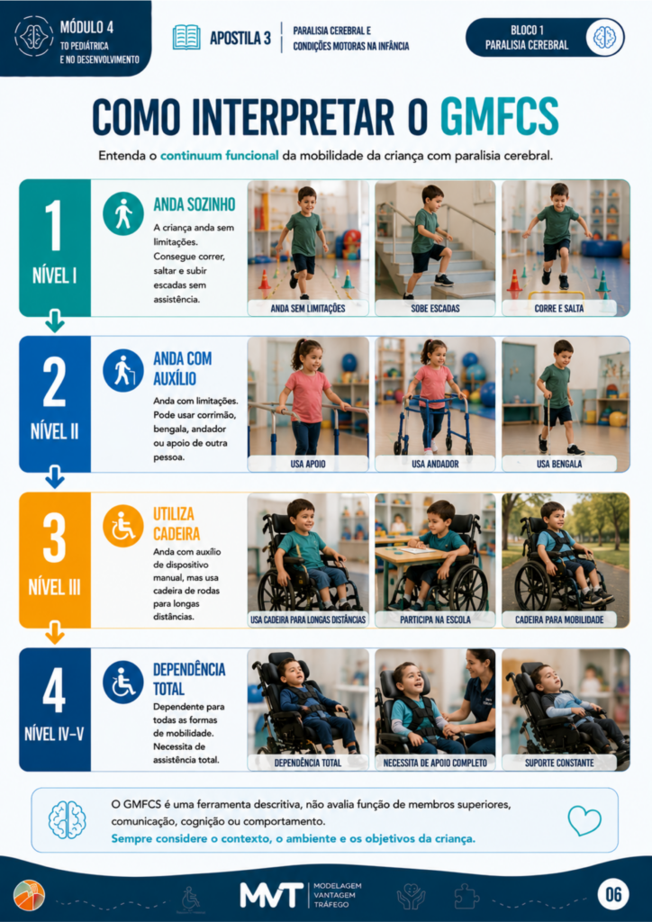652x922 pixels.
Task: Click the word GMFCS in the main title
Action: pos(499,117)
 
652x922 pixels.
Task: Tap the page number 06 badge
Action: pos(614,894)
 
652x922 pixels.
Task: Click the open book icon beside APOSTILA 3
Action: pos(186,38)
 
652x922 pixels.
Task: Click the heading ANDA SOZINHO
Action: pos(195,204)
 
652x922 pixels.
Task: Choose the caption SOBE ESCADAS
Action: pos(435,308)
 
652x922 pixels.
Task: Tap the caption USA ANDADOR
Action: pos(435,464)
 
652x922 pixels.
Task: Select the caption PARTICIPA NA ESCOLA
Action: pos(435,619)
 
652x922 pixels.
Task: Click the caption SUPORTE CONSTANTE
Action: pos(559,764)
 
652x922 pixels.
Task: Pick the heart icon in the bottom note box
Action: pos(584,820)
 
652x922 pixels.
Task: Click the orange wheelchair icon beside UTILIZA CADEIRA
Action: pos(122,526)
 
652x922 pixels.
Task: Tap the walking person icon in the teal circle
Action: pos(122,212)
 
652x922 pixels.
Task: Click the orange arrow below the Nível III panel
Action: pos(55,634)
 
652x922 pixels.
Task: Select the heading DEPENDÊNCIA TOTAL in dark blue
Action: pos(189,679)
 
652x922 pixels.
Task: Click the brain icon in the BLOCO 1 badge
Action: pos(604,37)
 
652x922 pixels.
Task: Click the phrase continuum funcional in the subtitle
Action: pos(220,157)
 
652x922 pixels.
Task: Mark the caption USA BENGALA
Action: pos(559,464)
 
